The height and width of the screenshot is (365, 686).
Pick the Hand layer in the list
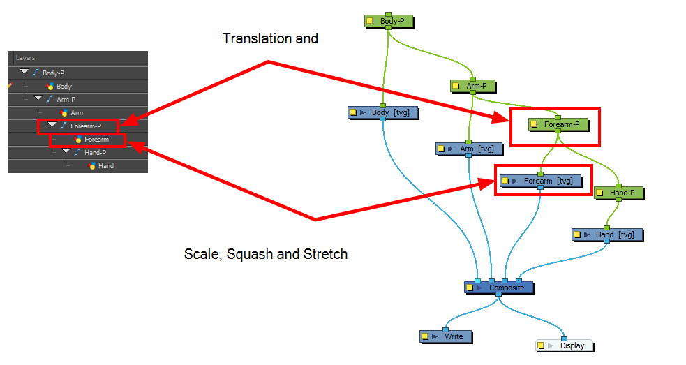coord(105,166)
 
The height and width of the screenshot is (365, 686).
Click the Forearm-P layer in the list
coord(85,126)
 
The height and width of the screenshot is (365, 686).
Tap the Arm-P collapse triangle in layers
coord(38,99)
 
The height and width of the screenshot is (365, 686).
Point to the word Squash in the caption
coord(254,255)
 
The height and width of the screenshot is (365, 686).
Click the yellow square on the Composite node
coord(470,288)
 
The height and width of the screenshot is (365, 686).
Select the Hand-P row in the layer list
coord(95,153)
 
